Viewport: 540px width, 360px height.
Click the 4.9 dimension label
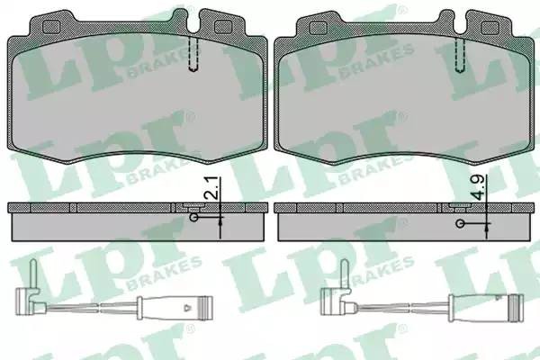479,188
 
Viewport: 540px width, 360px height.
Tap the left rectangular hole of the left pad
51,27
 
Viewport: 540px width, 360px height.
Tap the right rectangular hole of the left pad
223,27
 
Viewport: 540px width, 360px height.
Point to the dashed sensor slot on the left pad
193,53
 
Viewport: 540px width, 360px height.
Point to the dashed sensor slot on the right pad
460,54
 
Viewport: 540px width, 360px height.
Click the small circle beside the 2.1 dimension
194,218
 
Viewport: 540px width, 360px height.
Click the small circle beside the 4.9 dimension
460,223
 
